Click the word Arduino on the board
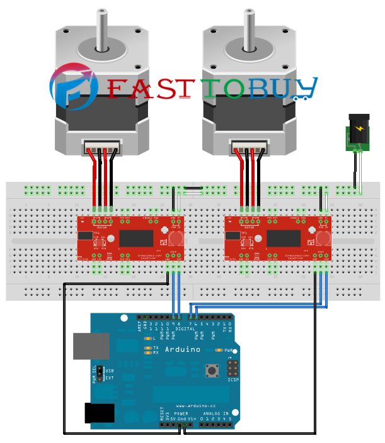point(183,349)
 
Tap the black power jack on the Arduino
point(100,413)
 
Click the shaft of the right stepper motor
point(247,29)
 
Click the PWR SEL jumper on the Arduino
point(100,374)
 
